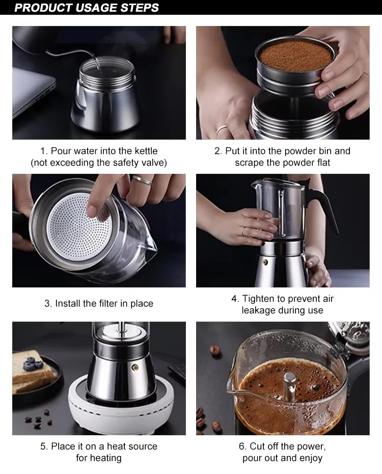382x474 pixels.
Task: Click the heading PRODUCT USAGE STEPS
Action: tap(87, 8)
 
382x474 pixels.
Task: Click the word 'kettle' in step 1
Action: tap(146, 151)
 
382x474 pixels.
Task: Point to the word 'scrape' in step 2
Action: tap(249, 163)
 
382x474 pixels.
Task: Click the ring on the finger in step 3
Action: tap(142, 179)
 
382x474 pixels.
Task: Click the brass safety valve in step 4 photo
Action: tap(265, 262)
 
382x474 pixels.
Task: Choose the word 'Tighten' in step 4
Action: tap(258, 299)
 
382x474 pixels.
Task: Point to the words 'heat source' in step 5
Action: tap(132, 446)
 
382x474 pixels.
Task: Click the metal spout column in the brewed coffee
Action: tap(290, 385)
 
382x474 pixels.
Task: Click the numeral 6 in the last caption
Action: tap(241, 446)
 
